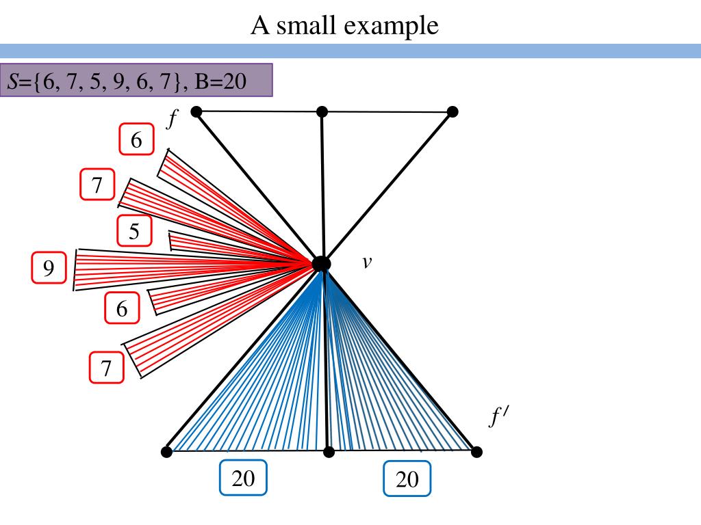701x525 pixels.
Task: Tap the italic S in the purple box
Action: coord(13,81)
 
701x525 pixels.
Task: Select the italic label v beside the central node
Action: coord(367,262)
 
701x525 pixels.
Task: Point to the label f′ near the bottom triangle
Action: coord(496,416)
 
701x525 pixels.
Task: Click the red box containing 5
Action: coord(134,232)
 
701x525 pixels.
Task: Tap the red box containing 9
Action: coord(49,268)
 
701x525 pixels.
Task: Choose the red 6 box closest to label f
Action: coord(136,140)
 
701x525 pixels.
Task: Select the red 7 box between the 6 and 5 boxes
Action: coord(97,185)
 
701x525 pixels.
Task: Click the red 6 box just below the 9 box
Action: coord(122,308)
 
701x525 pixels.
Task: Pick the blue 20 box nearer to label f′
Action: coord(407,479)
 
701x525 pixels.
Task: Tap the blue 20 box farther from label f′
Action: coord(243,478)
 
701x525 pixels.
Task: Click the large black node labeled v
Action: coord(321,263)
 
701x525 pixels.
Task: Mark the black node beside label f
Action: coord(196,111)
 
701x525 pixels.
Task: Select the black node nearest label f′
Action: coord(477,452)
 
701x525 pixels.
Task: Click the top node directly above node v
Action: coord(322,111)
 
